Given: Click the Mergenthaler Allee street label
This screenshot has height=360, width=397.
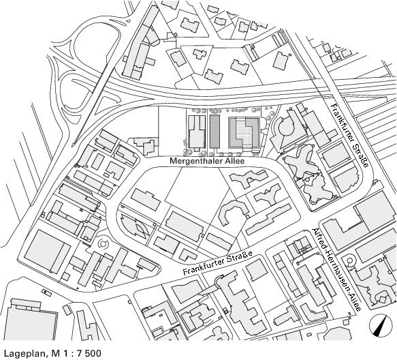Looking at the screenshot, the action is (x=207, y=161).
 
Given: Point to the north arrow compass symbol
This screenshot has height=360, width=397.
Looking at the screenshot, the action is (x=379, y=325).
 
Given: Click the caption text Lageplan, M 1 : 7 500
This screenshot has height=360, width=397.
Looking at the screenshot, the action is (x=52, y=353).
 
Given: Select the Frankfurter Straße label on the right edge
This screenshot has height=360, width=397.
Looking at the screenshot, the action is (x=350, y=135).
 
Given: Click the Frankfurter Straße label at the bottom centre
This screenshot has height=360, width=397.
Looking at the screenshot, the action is (x=218, y=263).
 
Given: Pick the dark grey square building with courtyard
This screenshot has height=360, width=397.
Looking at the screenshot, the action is (x=244, y=132).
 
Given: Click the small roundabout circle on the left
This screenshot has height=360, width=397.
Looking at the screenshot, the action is (x=103, y=243).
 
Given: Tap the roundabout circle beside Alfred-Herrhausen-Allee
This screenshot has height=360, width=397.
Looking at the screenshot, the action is (x=350, y=261).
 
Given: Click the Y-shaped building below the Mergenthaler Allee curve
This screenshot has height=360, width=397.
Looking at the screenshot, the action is (x=268, y=194).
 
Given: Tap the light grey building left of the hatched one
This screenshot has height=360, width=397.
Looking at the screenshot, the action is (x=197, y=132).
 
